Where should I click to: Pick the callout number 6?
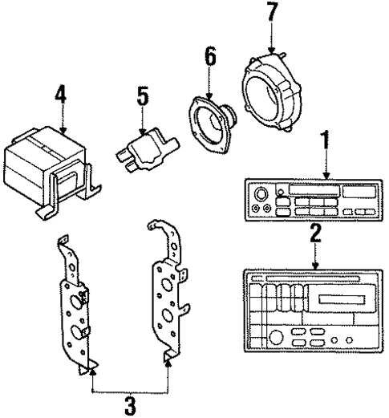210,57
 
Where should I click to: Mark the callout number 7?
274,14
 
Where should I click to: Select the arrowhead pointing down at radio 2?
315,264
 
